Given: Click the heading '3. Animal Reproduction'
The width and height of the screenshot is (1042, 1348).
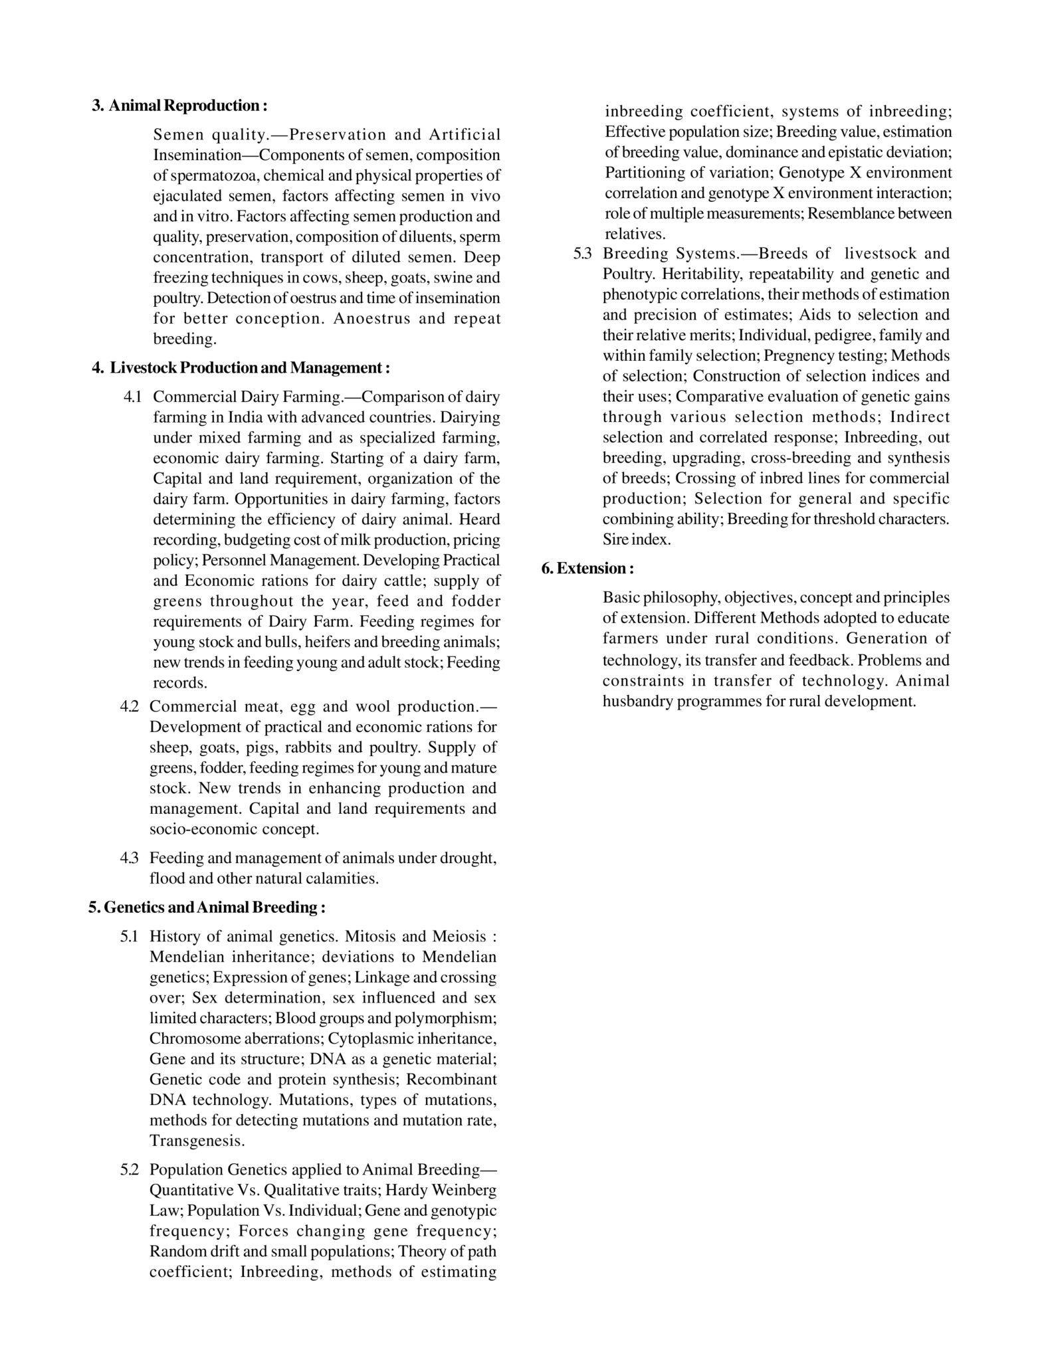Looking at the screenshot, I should [179, 106].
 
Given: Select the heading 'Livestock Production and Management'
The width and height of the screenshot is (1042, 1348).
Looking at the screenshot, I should [241, 367].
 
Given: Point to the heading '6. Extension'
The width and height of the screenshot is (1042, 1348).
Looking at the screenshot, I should [587, 569].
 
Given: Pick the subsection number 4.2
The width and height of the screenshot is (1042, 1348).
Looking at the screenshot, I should [129, 706].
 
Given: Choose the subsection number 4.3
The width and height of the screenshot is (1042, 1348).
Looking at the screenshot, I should [129, 858].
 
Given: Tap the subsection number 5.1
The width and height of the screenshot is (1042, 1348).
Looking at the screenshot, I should [129, 937].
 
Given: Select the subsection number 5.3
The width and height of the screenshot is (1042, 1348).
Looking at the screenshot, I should [583, 254].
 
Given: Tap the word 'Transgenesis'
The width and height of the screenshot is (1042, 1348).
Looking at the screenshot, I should [197, 1141].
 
